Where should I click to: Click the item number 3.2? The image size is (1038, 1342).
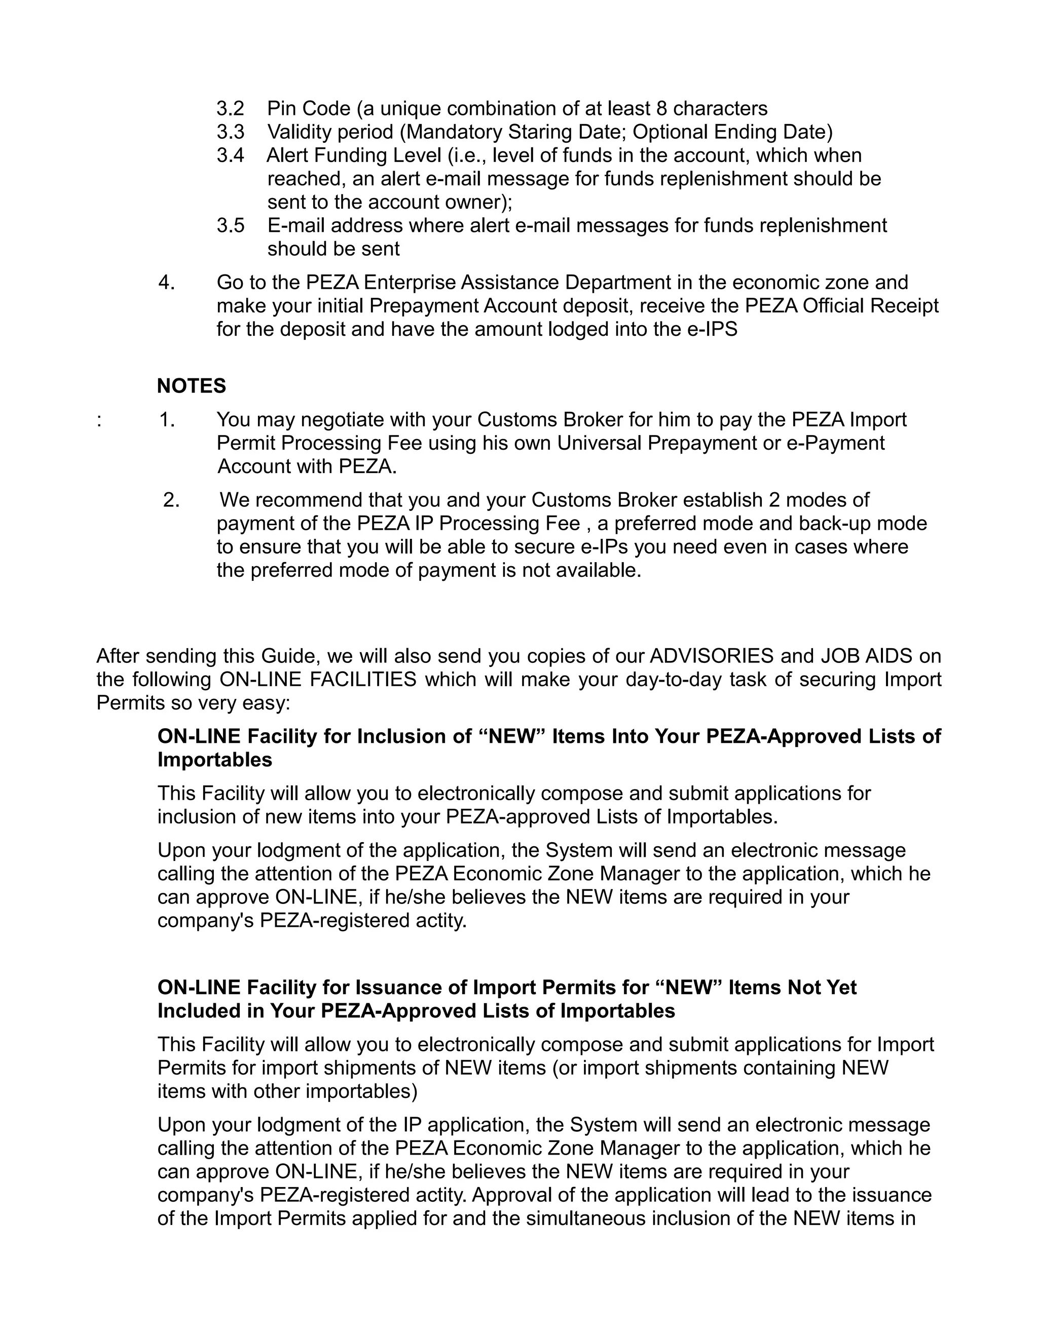click(x=230, y=109)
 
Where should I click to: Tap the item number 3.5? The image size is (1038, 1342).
click(x=230, y=225)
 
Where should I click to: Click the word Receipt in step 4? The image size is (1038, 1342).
click(x=904, y=306)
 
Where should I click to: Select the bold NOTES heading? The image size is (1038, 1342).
click(x=191, y=386)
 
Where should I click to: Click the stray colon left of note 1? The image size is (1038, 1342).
click(x=99, y=421)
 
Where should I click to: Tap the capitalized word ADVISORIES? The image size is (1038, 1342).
click(x=712, y=656)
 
